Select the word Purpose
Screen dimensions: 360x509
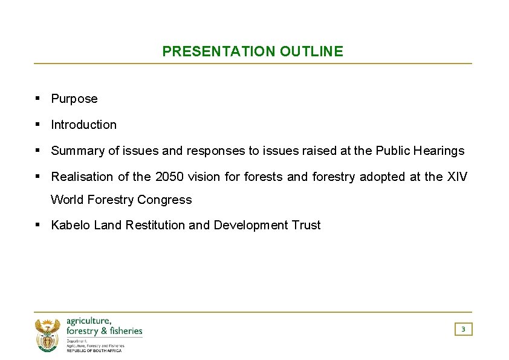coord(74,99)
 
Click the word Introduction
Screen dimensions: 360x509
coord(84,125)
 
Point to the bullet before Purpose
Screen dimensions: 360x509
coord(37,98)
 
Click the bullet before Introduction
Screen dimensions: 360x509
coord(37,124)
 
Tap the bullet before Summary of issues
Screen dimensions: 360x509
coord(37,150)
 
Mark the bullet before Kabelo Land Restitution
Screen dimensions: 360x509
coord(37,224)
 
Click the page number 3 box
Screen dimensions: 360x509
coord(463,329)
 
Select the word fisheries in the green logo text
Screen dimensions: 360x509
coord(125,330)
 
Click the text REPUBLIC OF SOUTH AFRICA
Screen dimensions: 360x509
coord(94,350)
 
